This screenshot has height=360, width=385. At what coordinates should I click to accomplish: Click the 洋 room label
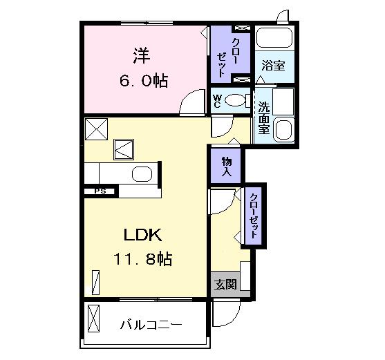142,56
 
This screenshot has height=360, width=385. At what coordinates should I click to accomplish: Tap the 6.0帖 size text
144,81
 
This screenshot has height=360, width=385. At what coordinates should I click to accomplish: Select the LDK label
142,235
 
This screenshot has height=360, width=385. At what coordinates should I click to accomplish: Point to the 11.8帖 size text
142,259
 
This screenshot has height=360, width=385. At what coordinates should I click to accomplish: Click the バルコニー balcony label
151,325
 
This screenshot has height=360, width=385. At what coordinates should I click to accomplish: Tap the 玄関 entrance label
225,285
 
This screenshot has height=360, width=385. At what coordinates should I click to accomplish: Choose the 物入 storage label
227,167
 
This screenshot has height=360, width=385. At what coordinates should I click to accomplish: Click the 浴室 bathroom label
273,66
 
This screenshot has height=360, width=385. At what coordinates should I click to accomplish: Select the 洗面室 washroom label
264,118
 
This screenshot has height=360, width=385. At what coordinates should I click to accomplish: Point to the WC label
217,101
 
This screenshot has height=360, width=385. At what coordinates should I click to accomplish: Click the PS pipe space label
100,191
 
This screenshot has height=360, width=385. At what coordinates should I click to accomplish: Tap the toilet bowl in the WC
235,100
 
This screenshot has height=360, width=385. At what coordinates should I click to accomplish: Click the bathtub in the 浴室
274,37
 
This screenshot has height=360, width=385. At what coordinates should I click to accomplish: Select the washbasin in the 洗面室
284,129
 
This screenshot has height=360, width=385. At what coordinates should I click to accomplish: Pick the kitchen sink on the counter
142,174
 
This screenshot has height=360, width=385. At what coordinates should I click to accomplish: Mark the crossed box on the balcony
93,319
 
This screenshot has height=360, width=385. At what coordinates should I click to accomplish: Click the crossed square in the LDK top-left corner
96,129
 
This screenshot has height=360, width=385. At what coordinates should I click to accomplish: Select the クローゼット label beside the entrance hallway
254,216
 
